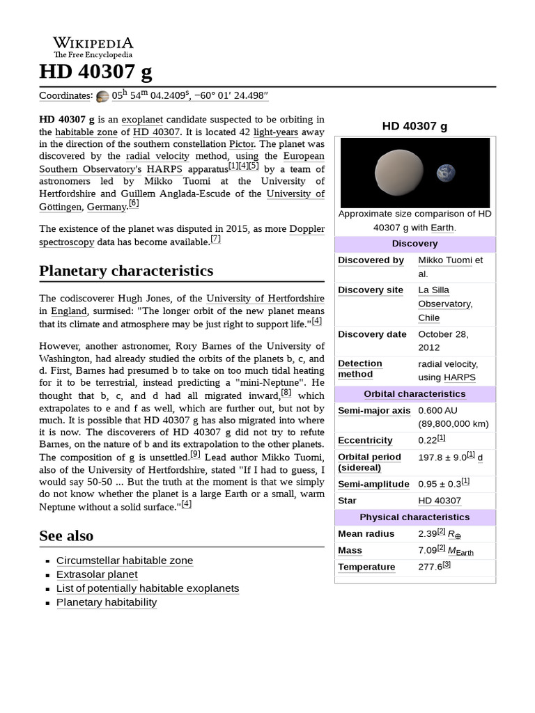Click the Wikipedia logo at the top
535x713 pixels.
[x=93, y=47]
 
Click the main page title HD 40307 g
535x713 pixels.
[x=95, y=72]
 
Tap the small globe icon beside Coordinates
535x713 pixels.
[x=102, y=97]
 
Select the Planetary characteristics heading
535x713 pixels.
[x=126, y=270]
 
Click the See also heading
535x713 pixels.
[x=66, y=535]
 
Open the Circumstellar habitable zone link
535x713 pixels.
[x=125, y=561]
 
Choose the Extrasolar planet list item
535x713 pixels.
[x=97, y=574]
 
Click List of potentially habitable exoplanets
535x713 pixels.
[x=148, y=588]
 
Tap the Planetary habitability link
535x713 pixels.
[x=107, y=602]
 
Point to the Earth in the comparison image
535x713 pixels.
[x=446, y=173]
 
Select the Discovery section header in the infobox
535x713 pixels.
[x=414, y=244]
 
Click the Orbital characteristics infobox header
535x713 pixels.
[x=414, y=394]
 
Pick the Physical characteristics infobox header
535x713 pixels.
[x=414, y=517]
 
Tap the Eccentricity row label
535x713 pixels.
[x=365, y=441]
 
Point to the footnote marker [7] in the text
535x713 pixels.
[x=215, y=240]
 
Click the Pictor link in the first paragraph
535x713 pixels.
[x=241, y=144]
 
